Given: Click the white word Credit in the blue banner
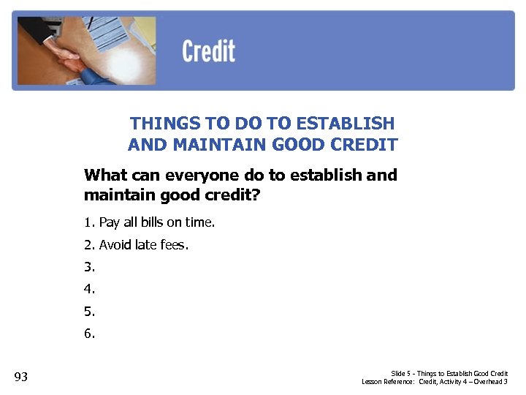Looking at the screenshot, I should click(x=208, y=52).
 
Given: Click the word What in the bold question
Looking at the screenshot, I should click(x=105, y=176).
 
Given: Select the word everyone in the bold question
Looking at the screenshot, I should click(x=202, y=176).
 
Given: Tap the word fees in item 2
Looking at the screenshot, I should click(x=174, y=245).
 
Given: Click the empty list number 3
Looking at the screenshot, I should click(x=89, y=268).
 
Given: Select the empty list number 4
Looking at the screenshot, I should click(x=89, y=290).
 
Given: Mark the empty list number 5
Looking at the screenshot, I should click(x=89, y=312).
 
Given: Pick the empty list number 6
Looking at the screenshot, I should click(x=89, y=334).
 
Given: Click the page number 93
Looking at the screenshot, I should click(x=21, y=377).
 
